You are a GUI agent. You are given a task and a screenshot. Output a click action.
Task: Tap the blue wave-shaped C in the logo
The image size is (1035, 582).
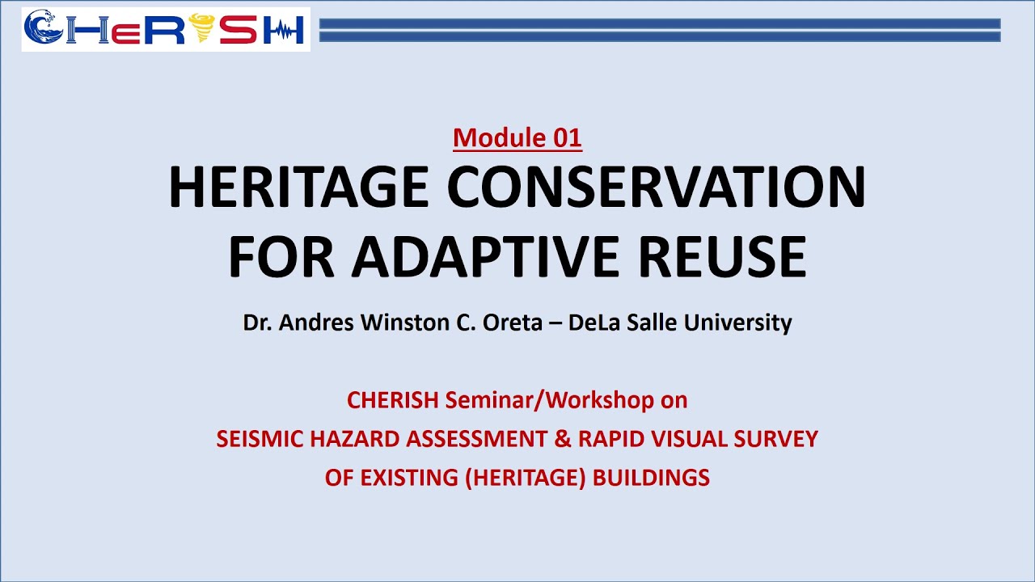coord(39,29)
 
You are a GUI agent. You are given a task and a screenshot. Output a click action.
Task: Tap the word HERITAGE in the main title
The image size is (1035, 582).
coord(298,188)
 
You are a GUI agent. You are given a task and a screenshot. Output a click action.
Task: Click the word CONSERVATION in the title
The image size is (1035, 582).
coord(656,188)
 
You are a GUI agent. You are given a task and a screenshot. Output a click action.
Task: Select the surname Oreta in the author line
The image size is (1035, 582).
coord(514,323)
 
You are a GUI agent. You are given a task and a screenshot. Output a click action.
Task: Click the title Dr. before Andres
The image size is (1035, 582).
coord(258,323)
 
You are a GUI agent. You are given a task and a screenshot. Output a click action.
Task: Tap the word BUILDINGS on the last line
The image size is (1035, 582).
coord(651,478)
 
